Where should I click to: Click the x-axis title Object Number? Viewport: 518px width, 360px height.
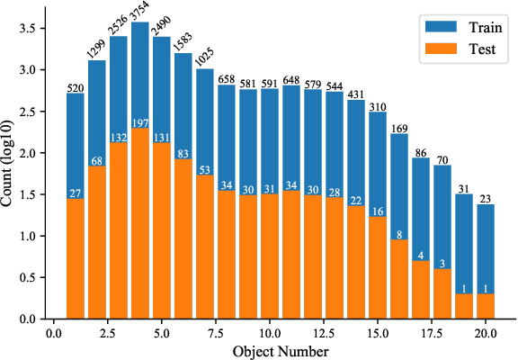tap(281, 349)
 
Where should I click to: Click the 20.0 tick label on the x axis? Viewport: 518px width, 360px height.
tap(485, 332)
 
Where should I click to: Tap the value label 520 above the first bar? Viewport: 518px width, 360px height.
tap(76, 87)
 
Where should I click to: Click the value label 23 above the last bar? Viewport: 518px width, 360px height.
tap(486, 198)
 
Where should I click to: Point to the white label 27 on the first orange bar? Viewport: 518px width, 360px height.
tap(76, 193)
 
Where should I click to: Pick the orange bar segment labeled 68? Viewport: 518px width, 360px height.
tap(97, 243)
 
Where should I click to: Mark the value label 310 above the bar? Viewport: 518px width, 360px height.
tap(378, 106)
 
